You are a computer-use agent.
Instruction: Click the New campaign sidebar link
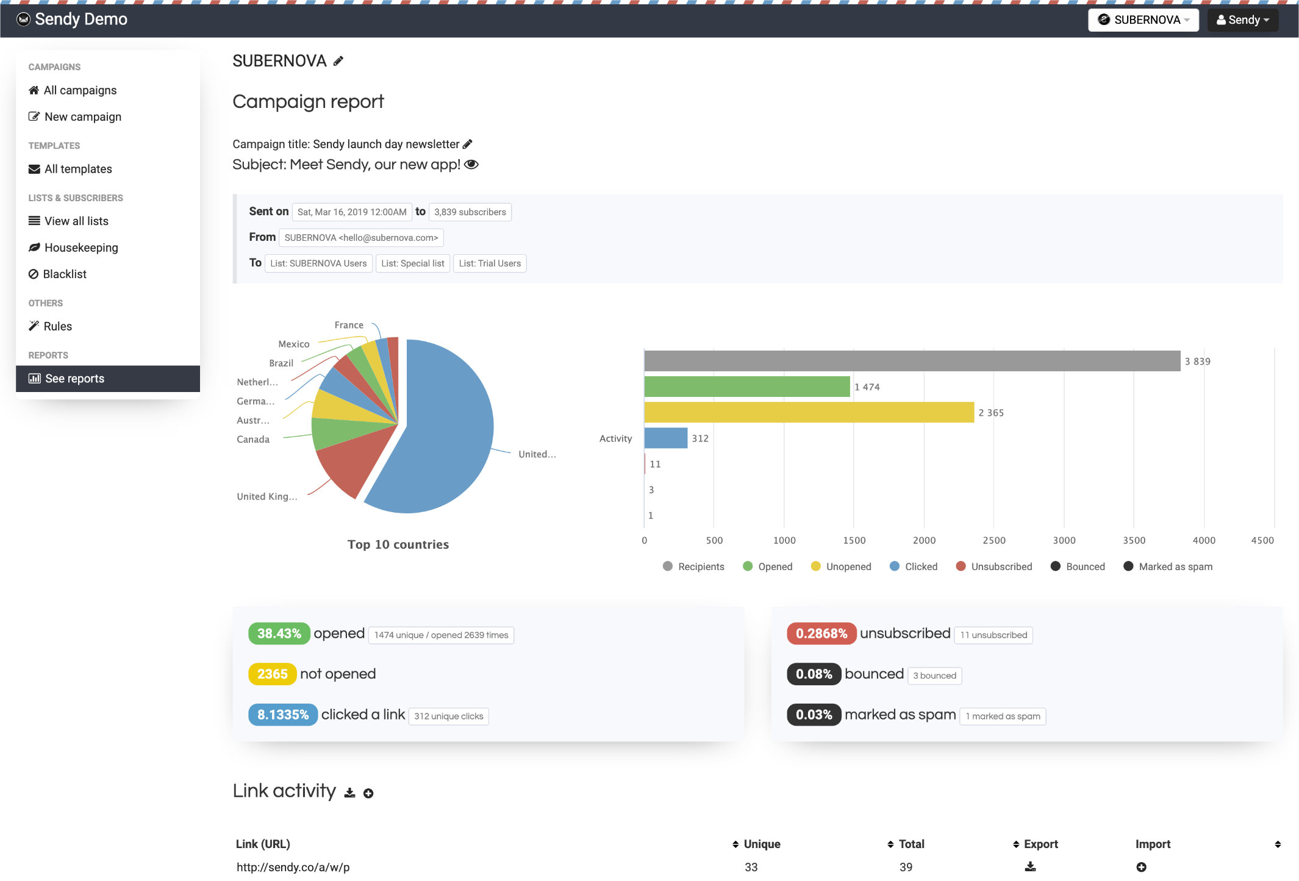click(82, 116)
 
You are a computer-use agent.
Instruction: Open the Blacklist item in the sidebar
click(65, 274)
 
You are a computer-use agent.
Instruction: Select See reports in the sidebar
click(74, 379)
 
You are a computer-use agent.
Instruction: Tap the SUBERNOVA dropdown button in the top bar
click(1143, 20)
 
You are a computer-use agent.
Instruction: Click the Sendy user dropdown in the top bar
click(1242, 20)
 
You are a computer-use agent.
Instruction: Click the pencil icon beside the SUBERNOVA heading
click(338, 61)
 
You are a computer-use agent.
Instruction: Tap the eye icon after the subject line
click(471, 165)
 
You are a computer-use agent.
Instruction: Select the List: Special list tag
click(412, 263)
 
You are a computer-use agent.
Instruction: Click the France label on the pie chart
click(349, 325)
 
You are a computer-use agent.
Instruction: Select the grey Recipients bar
click(912, 361)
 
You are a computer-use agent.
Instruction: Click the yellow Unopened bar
click(809, 412)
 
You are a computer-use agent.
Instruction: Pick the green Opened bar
click(746, 387)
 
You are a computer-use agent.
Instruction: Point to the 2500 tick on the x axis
click(993, 540)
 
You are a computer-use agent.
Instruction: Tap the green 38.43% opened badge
click(279, 633)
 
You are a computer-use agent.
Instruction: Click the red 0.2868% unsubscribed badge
click(821, 633)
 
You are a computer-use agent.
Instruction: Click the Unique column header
click(761, 844)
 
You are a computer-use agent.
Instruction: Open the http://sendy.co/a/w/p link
click(293, 867)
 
